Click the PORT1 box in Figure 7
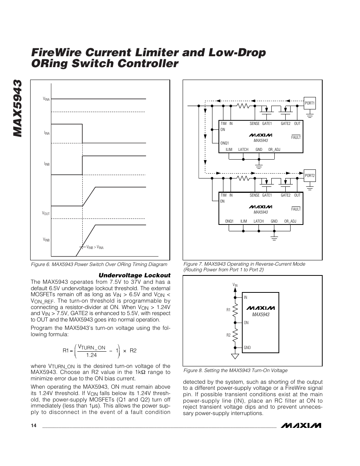pyautogui.click(x=309, y=103)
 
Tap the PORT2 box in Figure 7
pyautogui.click(x=309, y=175)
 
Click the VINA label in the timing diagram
pyautogui.click(x=46, y=99)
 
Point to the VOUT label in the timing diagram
pyautogui.click(x=46, y=214)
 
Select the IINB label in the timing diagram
pyautogui.click(x=47, y=164)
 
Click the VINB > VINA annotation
pyautogui.click(x=95, y=247)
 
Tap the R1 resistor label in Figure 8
pyautogui.click(x=228, y=310)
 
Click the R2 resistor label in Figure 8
pyautogui.click(x=228, y=335)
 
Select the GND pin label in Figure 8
pyautogui.click(x=247, y=348)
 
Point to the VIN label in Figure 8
pyautogui.click(x=235, y=285)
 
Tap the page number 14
pyautogui.click(x=34, y=426)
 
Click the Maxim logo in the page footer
pyautogui.click(x=303, y=425)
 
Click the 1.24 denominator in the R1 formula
pyautogui.click(x=91, y=355)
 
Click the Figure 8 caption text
pyautogui.click(x=235, y=371)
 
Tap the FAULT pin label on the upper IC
pyautogui.click(x=296, y=137)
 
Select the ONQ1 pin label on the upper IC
pyautogui.click(x=225, y=143)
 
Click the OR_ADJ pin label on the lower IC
pyautogui.click(x=290, y=221)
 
